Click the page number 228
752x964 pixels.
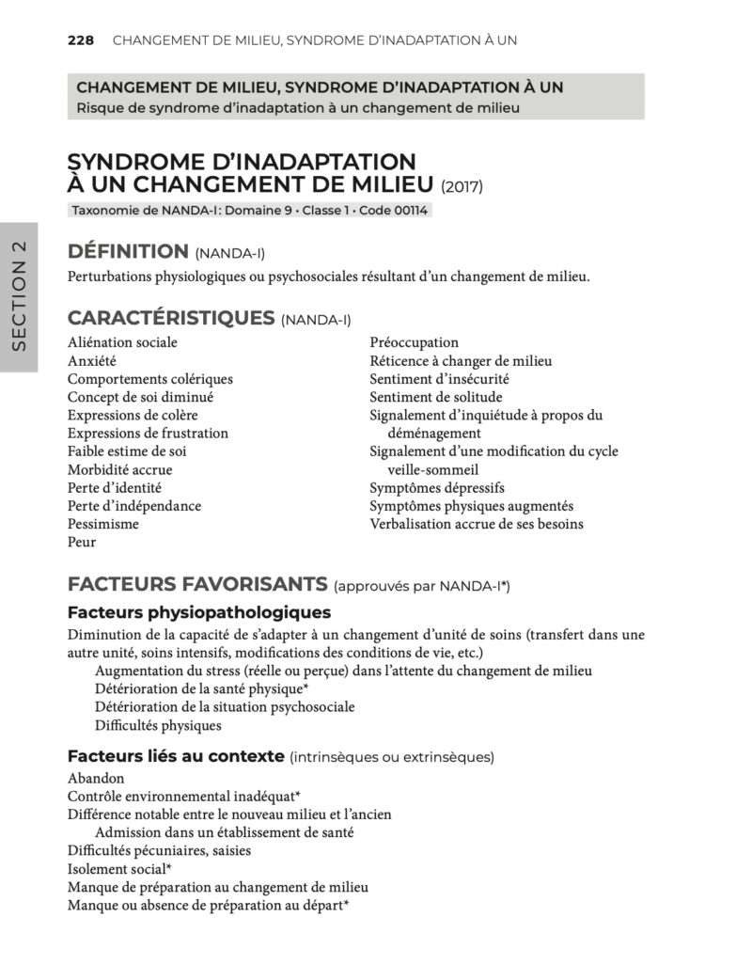click(x=82, y=40)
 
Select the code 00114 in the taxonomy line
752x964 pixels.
click(x=410, y=211)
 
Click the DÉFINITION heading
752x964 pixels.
click(x=128, y=251)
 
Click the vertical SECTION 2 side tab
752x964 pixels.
click(x=18, y=296)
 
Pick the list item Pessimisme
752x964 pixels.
click(x=103, y=524)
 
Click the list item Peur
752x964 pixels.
click(x=82, y=542)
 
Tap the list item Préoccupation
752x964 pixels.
click(x=414, y=342)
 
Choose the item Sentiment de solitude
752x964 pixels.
click(x=436, y=397)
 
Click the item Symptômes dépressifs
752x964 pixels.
click(x=437, y=488)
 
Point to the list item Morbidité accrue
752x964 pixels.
click(x=120, y=469)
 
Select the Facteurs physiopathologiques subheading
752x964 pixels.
click(x=193, y=612)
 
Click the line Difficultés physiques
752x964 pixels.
click(x=158, y=725)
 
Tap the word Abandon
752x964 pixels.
click(x=96, y=779)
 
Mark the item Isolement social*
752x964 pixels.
click(x=119, y=869)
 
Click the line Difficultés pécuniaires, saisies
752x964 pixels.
click(x=159, y=851)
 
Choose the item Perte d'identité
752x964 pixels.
click(x=115, y=487)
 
